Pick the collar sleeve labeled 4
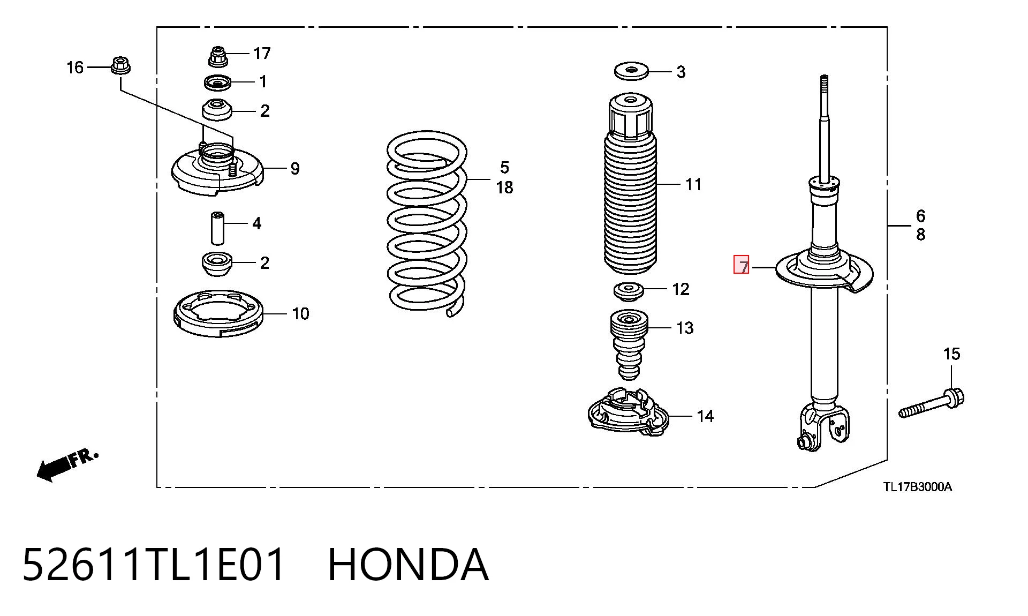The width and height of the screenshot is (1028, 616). (217, 228)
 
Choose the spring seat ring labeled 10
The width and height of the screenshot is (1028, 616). (218, 313)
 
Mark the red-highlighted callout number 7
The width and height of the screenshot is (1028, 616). (742, 265)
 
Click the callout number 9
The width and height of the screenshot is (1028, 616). (295, 169)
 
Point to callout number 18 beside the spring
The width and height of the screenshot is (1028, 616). (504, 187)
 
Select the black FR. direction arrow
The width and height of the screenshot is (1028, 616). (67, 465)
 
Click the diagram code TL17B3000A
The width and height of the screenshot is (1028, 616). (918, 487)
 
